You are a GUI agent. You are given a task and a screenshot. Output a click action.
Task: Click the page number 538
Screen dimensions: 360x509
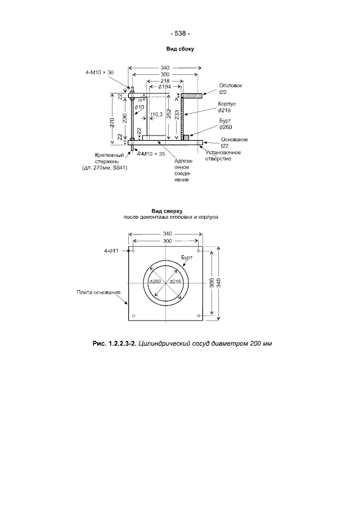click(x=180, y=33)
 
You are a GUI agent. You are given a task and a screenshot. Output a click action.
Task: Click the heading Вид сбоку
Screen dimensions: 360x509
click(x=180, y=49)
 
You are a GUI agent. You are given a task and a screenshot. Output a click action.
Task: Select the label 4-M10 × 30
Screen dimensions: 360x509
click(x=100, y=73)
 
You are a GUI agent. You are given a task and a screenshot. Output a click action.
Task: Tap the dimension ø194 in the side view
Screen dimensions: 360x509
click(x=165, y=87)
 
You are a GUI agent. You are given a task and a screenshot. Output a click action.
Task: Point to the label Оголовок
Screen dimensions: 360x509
click(x=231, y=85)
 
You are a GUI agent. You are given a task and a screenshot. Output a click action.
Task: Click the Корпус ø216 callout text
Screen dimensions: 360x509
click(x=227, y=107)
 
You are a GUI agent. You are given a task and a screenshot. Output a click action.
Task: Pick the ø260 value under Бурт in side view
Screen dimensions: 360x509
click(x=226, y=127)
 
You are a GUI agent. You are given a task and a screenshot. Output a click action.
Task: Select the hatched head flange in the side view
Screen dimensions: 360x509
click(x=191, y=96)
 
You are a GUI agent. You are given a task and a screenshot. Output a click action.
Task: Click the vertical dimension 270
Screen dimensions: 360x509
click(x=112, y=122)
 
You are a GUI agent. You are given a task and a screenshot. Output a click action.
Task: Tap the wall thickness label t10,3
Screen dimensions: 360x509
click(x=157, y=114)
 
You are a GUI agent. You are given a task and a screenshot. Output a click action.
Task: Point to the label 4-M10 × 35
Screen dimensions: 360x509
click(x=151, y=154)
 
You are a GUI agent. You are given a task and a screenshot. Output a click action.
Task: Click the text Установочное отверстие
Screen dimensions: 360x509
click(x=223, y=155)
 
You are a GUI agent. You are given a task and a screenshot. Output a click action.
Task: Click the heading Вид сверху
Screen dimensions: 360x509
click(x=167, y=211)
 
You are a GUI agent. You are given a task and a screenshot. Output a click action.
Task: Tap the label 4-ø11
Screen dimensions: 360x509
click(x=111, y=251)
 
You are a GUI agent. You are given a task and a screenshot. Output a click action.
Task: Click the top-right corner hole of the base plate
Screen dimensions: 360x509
click(x=198, y=251)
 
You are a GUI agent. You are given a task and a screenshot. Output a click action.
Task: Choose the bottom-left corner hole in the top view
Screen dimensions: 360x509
click(x=133, y=316)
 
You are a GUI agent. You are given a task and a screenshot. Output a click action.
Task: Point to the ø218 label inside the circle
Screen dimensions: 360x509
click(x=175, y=281)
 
